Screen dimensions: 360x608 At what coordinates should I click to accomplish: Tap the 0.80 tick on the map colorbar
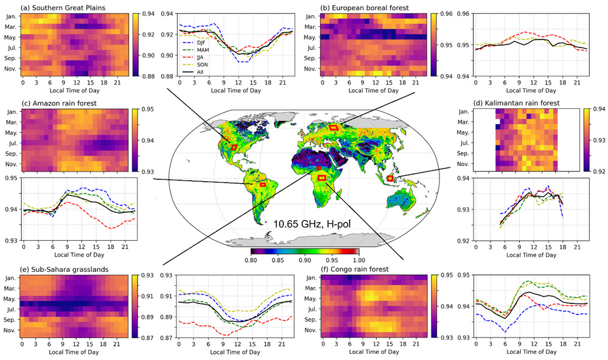[x=251, y=259]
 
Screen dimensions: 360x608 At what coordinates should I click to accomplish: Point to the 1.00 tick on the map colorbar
[x=358, y=259]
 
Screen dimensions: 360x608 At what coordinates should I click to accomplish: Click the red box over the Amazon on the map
[x=263, y=184]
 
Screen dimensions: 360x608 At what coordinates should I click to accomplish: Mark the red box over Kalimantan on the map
[x=390, y=178]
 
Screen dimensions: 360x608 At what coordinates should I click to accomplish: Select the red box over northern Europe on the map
[x=333, y=127]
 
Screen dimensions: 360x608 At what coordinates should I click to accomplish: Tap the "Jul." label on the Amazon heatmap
[x=11, y=142]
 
